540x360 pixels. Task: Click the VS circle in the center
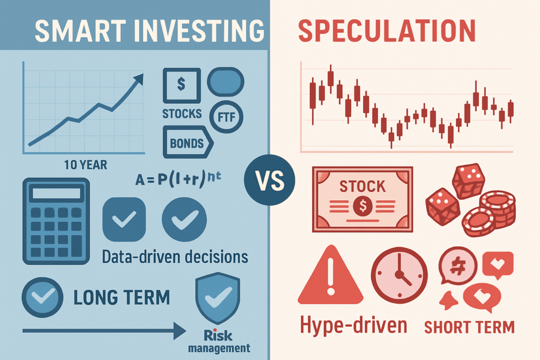269,180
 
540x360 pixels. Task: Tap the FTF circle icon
226,117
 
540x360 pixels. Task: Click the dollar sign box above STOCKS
181,85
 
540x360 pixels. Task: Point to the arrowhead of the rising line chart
139,79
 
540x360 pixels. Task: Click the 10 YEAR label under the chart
85,165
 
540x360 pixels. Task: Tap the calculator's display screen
56,193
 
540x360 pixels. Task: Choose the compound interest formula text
178,178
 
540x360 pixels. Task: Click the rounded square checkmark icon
124,219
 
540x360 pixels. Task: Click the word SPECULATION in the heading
387,31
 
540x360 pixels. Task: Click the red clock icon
399,275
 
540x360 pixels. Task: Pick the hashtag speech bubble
458,266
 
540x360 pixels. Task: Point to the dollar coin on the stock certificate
363,206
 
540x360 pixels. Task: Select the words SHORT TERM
469,327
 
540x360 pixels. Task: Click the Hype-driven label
353,325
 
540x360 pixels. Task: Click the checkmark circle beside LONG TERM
42,297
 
